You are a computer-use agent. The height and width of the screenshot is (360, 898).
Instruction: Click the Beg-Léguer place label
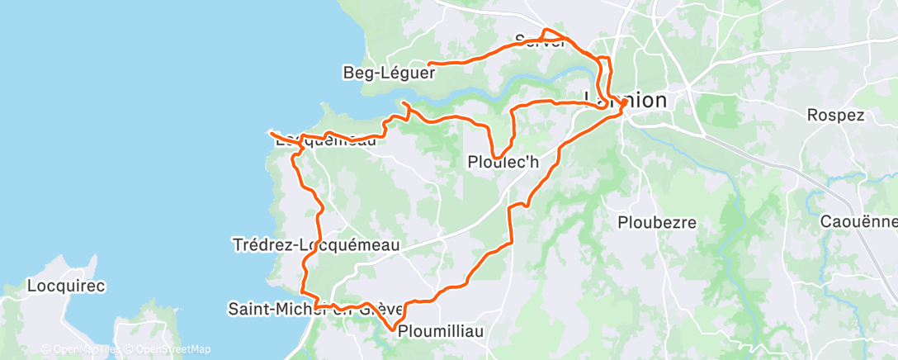389,73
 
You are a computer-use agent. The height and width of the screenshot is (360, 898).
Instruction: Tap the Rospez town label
835,115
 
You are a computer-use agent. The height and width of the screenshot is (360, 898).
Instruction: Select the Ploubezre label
657,222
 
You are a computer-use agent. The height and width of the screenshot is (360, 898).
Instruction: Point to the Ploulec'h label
503,163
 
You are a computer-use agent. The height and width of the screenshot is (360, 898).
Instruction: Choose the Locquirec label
65,287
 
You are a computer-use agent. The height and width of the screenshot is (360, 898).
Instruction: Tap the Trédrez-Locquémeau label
317,244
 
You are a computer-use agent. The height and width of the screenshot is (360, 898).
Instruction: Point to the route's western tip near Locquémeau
270,132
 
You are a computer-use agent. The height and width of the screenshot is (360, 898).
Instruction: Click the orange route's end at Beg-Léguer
429,63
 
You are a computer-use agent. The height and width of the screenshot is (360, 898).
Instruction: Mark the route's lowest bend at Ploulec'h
497,157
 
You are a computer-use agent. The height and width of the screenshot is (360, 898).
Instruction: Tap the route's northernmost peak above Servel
545,31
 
